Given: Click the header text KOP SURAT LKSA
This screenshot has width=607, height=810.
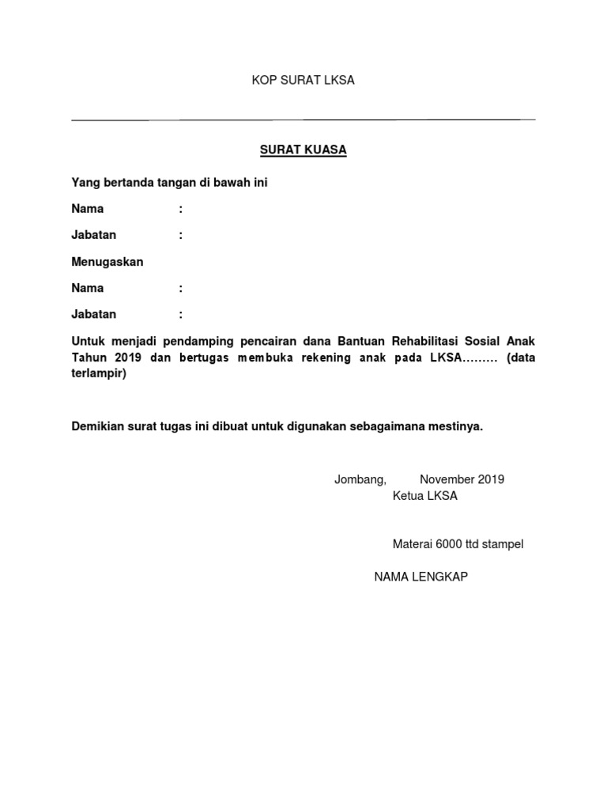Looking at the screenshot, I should tap(303, 81).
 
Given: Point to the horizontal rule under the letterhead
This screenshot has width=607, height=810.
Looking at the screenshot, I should tap(303, 119).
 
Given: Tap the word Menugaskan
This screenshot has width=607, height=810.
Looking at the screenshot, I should tap(107, 262).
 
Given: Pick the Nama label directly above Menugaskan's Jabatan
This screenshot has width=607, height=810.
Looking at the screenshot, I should tap(88, 288).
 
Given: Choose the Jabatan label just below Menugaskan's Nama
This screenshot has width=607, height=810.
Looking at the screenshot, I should tap(94, 314).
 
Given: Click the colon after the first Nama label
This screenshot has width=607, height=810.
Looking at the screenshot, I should tap(181, 210).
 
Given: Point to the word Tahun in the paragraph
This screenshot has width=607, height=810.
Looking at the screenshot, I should tap(89, 358).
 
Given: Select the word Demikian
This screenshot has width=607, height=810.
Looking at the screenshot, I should tap(97, 426).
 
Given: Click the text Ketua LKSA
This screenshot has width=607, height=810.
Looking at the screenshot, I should tap(425, 497).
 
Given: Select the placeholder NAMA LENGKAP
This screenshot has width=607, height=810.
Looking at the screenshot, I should tap(421, 577).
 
